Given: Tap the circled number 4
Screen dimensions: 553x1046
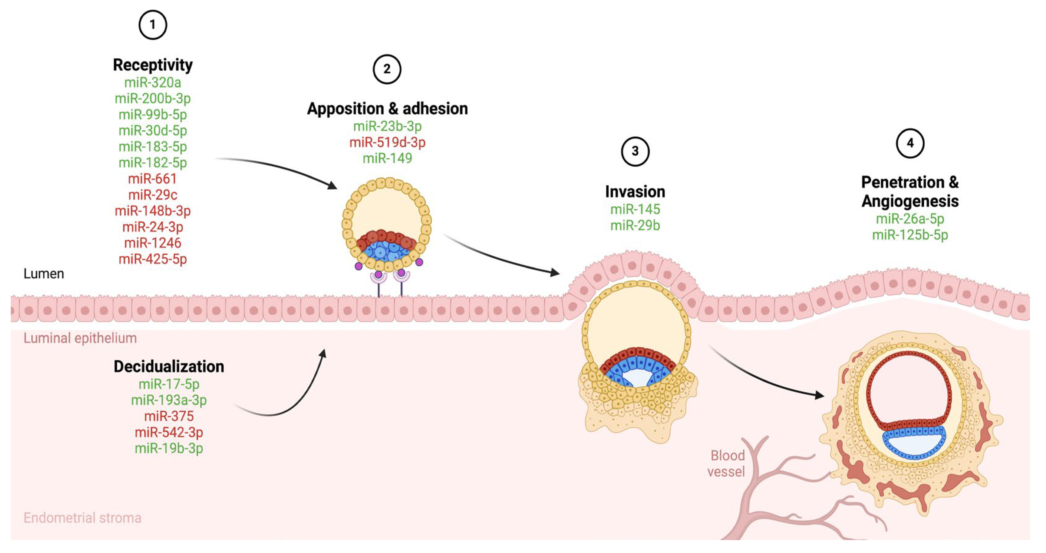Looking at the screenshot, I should [x=910, y=143].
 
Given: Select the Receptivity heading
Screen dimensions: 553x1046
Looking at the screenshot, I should [x=153, y=65].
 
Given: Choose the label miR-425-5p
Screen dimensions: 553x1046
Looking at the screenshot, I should [x=153, y=259].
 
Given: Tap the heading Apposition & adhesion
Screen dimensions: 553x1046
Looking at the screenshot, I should [x=387, y=109].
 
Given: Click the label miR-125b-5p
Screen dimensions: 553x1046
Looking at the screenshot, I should [x=910, y=235].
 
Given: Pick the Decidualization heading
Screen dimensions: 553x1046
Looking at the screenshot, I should [x=169, y=367].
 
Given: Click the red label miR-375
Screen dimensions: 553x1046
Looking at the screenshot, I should [x=169, y=416].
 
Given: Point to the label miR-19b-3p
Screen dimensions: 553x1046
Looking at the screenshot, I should [x=169, y=448].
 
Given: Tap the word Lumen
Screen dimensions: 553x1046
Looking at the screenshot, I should [x=44, y=274].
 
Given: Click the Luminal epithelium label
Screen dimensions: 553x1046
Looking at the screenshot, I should [x=80, y=338].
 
